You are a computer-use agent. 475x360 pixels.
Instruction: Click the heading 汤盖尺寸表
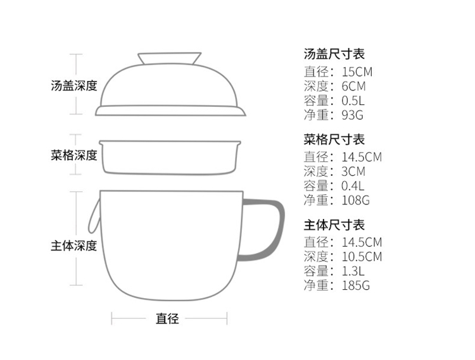[x=334, y=54]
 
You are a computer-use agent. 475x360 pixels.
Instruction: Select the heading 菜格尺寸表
[x=334, y=140]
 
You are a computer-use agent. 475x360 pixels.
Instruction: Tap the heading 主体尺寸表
[x=334, y=225]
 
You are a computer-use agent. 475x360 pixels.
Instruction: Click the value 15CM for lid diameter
[x=357, y=71]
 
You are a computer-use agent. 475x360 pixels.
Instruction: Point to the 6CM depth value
[x=353, y=86]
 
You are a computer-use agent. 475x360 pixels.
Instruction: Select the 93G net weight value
[x=351, y=115]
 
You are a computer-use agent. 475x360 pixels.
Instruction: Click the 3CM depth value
[x=353, y=171]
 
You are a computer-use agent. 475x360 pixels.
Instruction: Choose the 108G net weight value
[x=355, y=201]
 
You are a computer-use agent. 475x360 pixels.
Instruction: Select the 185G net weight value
[x=355, y=285]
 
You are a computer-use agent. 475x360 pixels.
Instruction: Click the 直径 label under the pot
[x=168, y=318]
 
